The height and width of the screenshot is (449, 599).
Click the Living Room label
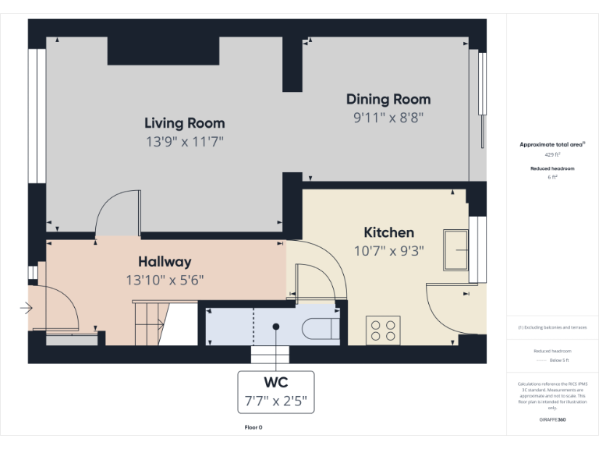[x=184, y=123]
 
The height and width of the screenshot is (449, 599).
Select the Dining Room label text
[x=388, y=99]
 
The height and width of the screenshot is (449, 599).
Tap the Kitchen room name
[x=388, y=232]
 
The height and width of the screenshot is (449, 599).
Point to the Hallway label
[x=165, y=262]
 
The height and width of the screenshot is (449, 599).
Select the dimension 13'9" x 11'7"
[x=184, y=142]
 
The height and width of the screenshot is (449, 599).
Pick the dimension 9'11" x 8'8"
[x=388, y=118]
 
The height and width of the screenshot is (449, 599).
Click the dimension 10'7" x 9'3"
[x=388, y=251]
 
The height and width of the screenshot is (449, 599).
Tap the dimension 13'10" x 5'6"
[x=165, y=280]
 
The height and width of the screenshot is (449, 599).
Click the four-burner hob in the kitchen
[x=383, y=329]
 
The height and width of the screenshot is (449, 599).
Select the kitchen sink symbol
[x=455, y=249]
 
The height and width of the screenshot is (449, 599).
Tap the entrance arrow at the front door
[x=27, y=309]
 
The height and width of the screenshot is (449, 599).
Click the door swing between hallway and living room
[x=116, y=212]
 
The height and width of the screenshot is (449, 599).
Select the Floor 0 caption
[x=253, y=427]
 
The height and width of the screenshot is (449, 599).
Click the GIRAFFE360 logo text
[x=552, y=420]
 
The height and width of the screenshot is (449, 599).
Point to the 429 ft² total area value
[x=552, y=155]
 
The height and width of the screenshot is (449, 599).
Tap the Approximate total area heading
[x=551, y=145]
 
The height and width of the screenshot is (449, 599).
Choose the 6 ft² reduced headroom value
[x=552, y=177]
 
